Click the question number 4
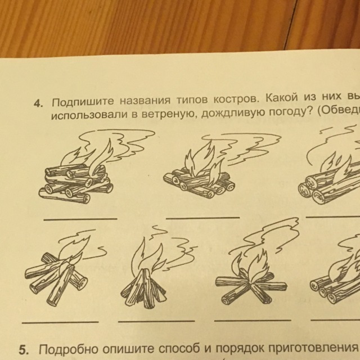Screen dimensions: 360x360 coord(38,104)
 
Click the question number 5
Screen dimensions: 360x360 coord(24,350)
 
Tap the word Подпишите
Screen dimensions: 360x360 coord(83,101)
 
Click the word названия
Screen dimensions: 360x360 coord(145,101)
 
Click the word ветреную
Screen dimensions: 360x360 coord(169,114)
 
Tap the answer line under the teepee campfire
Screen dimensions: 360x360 coord(156,321)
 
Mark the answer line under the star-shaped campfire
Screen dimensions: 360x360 coord(253,320)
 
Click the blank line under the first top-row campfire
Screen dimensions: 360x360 coord(80,219)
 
